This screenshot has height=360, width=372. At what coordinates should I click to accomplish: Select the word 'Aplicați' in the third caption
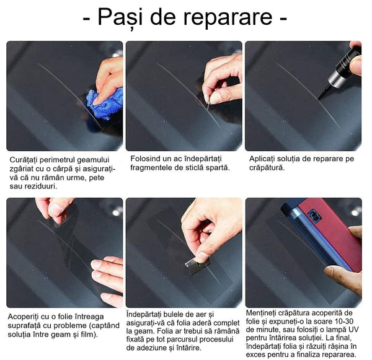tap(266, 159)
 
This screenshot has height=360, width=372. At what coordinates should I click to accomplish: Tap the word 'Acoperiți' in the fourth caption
tap(27, 317)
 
